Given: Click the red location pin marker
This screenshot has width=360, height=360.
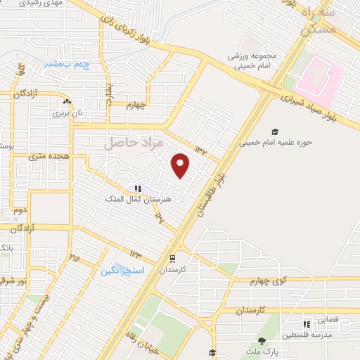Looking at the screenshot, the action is [181, 165].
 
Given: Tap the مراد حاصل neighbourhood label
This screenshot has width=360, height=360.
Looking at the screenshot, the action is [134, 143].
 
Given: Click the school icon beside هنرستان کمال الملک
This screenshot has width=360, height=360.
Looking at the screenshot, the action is [138, 188].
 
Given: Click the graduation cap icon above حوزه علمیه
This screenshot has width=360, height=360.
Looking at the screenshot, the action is [275, 131].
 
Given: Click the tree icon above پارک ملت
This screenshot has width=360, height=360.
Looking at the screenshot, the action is [262, 340].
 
